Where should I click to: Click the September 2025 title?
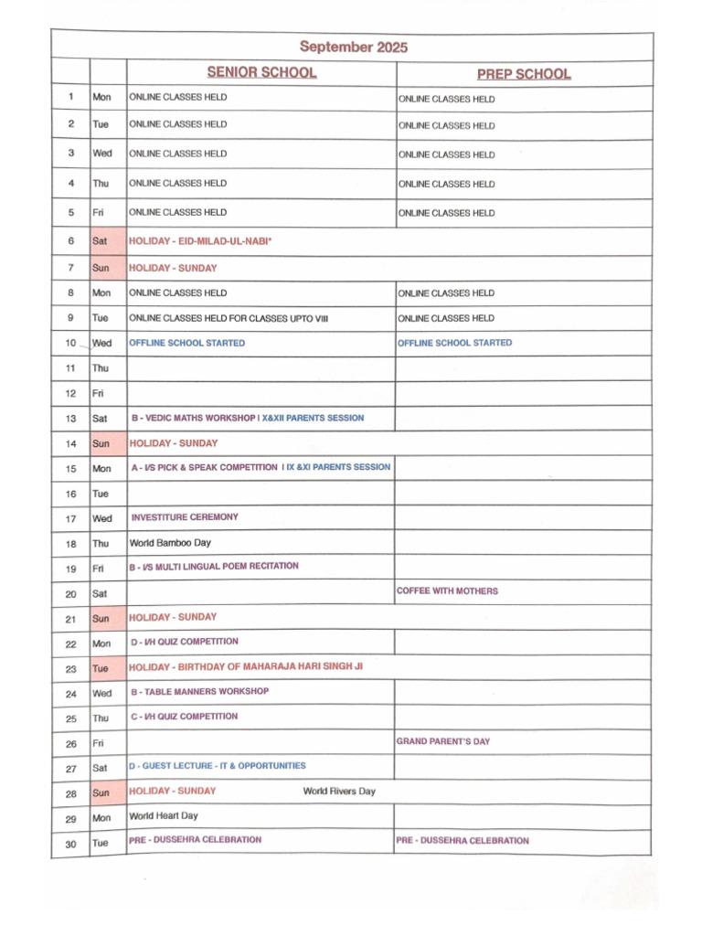353,47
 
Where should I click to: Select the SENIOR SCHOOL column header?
261,73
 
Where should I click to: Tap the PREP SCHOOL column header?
524,74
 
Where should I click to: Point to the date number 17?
70,518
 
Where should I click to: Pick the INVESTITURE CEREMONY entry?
185,517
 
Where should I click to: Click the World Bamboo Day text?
170,543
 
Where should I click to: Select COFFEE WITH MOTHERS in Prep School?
447,591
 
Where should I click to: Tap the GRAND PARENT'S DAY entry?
442,741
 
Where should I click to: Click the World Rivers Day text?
339,792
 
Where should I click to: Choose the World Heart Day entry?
164,816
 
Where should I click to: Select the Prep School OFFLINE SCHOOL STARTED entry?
454,343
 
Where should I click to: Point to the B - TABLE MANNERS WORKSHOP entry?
199,692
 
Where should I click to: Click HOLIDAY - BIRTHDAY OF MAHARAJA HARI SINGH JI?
246,667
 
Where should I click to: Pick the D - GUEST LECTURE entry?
218,766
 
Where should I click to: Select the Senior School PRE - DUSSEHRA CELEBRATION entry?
195,840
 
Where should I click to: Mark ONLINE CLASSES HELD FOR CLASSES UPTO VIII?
229,318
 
